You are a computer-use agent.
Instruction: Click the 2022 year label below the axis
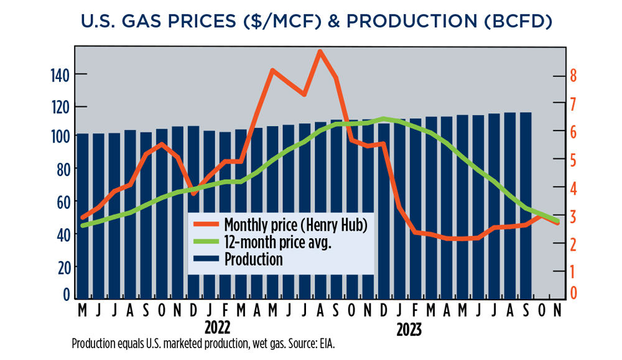(x=217, y=328)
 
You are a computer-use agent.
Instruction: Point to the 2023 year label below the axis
(x=409, y=329)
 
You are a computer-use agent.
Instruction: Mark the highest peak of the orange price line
(x=320, y=52)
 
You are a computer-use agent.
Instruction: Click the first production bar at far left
(x=82, y=215)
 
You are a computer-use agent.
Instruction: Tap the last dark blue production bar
(x=526, y=205)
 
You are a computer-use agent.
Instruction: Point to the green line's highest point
(x=384, y=118)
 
